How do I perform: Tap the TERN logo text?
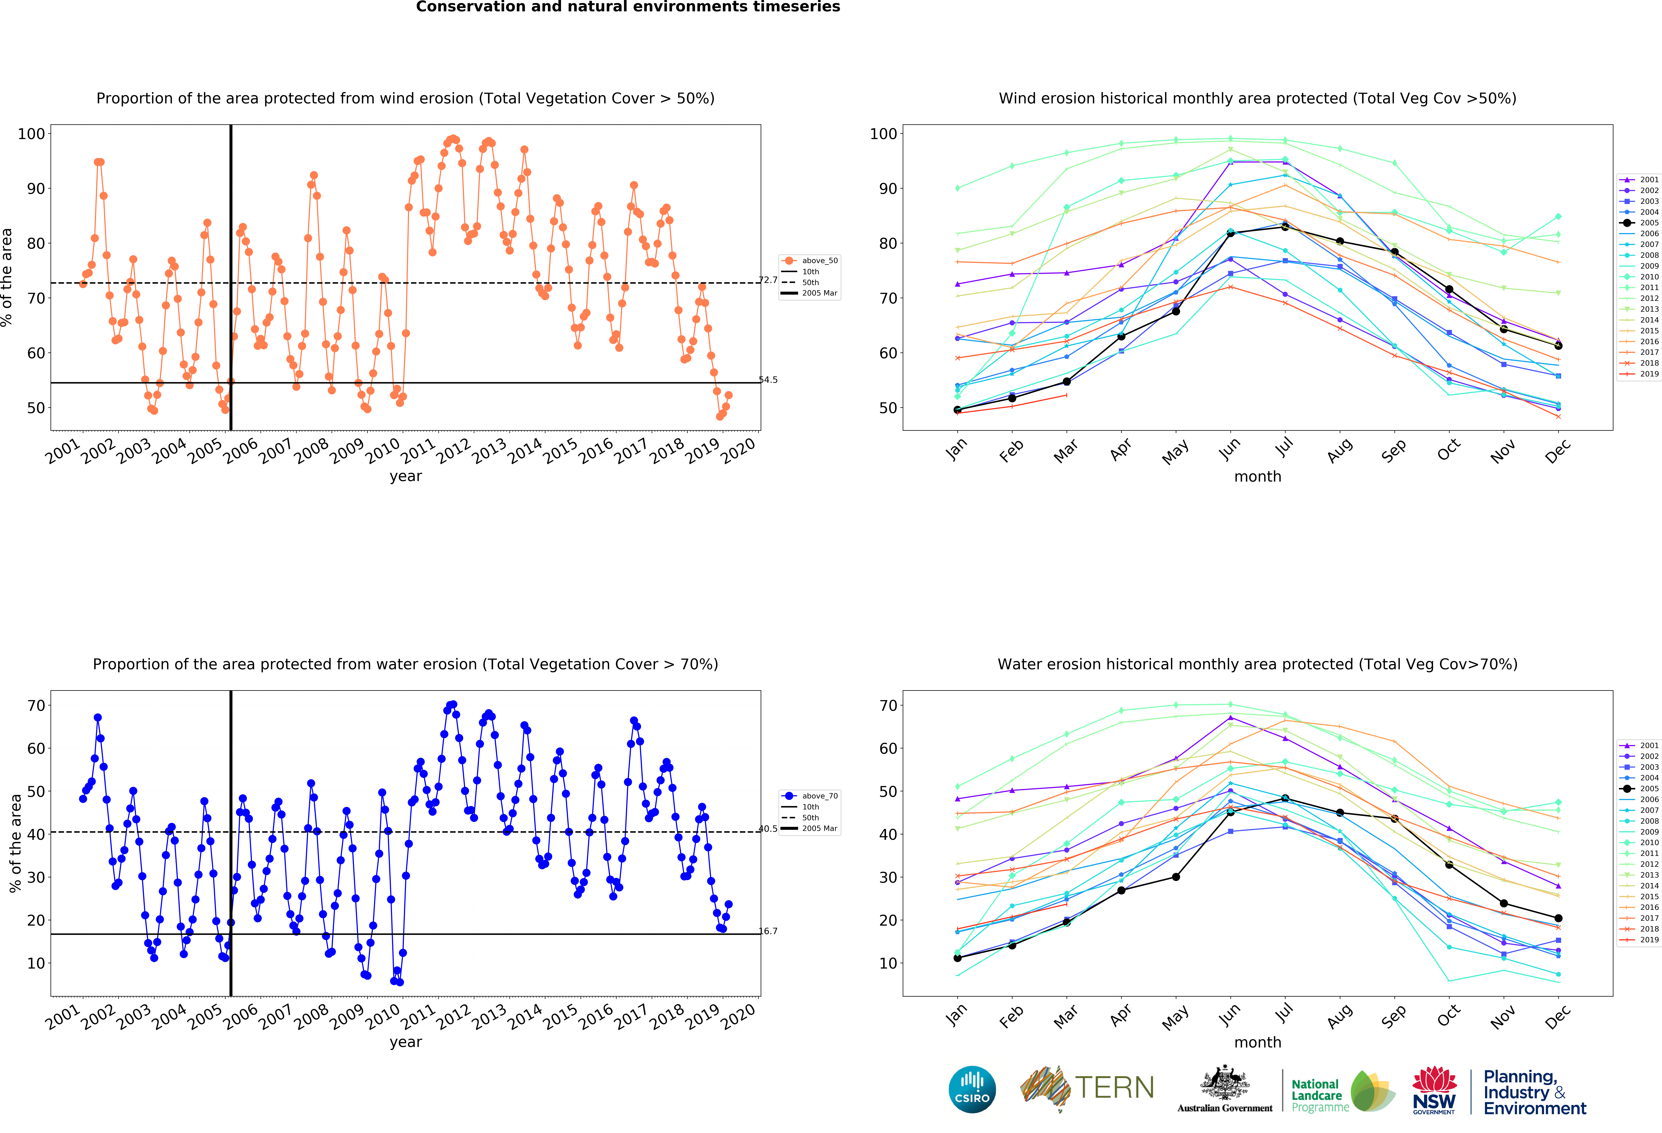point(1114,1088)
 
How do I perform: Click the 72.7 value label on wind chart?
point(768,280)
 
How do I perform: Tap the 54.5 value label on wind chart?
point(768,380)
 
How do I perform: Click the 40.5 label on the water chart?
point(768,829)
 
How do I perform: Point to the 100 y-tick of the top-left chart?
point(31,134)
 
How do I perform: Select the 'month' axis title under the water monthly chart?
point(1257,1042)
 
